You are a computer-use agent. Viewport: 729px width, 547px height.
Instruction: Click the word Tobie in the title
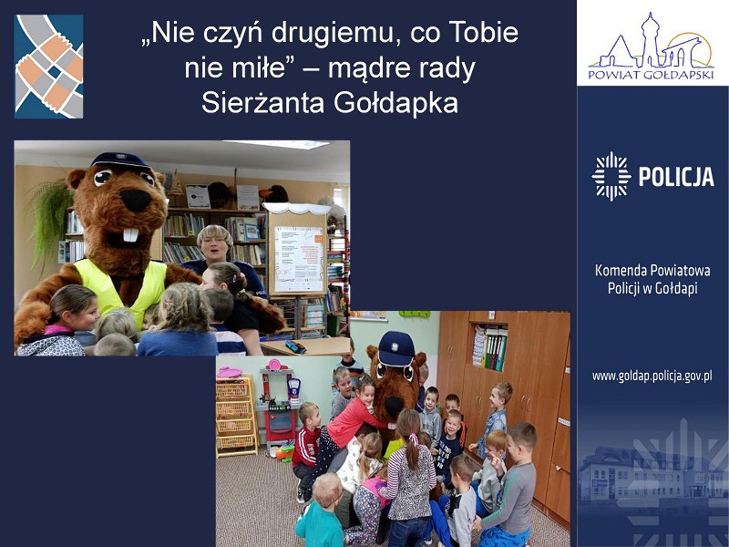pyautogui.click(x=484, y=33)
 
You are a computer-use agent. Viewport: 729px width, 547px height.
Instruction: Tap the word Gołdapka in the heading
pyautogui.click(x=396, y=103)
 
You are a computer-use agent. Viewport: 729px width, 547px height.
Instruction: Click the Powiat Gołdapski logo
pyautogui.click(x=651, y=46)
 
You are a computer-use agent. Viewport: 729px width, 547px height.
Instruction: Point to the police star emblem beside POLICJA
pyautogui.click(x=611, y=176)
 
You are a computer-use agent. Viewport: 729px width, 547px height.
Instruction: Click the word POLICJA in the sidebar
pyautogui.click(x=676, y=177)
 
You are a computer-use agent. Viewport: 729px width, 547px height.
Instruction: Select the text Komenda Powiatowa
pyautogui.click(x=652, y=270)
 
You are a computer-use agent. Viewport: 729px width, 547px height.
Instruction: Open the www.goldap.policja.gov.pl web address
pyautogui.click(x=652, y=376)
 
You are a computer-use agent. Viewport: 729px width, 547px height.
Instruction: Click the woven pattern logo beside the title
pyautogui.click(x=49, y=67)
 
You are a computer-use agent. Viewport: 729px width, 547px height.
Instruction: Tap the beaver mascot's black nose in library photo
pyautogui.click(x=135, y=200)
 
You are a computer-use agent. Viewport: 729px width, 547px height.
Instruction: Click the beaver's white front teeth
pyautogui.click(x=130, y=235)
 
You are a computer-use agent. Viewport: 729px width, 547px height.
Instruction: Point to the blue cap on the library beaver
pyautogui.click(x=120, y=160)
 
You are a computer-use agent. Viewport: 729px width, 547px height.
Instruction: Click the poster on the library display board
pyautogui.click(x=299, y=259)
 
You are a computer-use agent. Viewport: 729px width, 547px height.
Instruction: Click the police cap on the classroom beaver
pyautogui.click(x=396, y=348)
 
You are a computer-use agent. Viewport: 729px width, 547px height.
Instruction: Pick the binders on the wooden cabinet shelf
pyautogui.click(x=490, y=348)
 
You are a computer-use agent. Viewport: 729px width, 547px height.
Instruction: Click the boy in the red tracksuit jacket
pyautogui.click(x=306, y=440)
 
